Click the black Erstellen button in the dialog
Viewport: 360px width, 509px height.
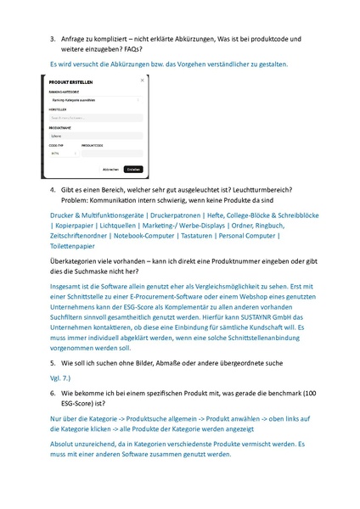click(132, 169)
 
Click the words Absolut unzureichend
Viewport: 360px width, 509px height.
click(86, 442)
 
